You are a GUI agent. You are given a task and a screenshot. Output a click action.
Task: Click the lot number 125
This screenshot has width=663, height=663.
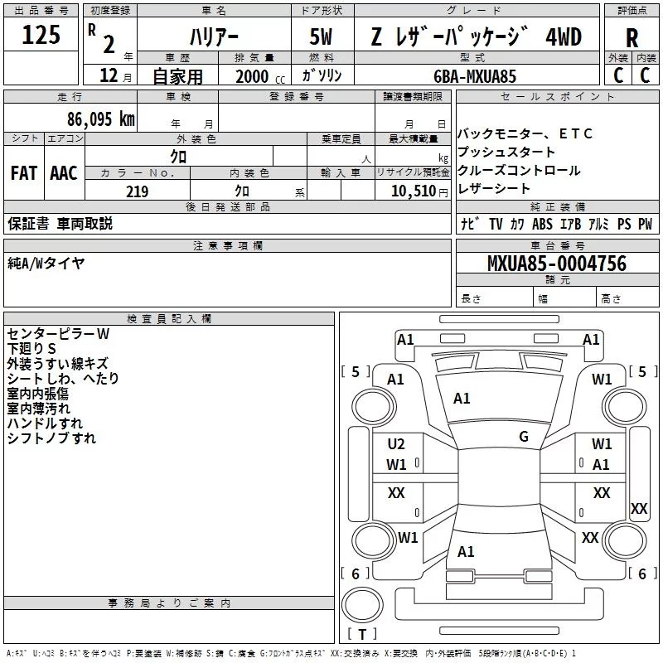tap(41, 36)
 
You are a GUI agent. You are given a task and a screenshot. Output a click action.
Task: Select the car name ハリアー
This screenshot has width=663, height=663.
tap(213, 36)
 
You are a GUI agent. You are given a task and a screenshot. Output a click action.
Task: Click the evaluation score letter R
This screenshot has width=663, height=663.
tap(632, 37)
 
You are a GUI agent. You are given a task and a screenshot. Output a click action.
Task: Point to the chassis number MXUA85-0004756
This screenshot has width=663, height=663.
tap(557, 264)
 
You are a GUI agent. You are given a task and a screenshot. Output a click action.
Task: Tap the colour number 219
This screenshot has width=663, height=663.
tap(137, 191)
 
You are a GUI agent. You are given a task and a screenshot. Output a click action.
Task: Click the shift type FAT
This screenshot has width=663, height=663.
tap(23, 173)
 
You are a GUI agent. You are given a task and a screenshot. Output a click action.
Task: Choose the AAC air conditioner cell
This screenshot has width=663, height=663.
tap(63, 173)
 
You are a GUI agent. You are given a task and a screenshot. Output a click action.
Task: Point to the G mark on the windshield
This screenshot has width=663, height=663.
tap(523, 437)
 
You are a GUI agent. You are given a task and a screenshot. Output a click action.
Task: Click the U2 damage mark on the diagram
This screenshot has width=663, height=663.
tap(396, 444)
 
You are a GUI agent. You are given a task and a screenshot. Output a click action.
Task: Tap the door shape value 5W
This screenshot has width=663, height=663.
tap(321, 36)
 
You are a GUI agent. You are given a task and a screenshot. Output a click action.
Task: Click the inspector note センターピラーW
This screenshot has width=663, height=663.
tap(58, 334)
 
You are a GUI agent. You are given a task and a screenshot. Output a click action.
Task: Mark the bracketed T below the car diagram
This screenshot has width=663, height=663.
tap(361, 635)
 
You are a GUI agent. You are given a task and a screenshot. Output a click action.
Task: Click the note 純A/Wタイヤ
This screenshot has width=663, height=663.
tap(46, 264)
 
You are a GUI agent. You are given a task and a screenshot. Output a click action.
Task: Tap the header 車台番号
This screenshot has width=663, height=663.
tap(557, 246)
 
